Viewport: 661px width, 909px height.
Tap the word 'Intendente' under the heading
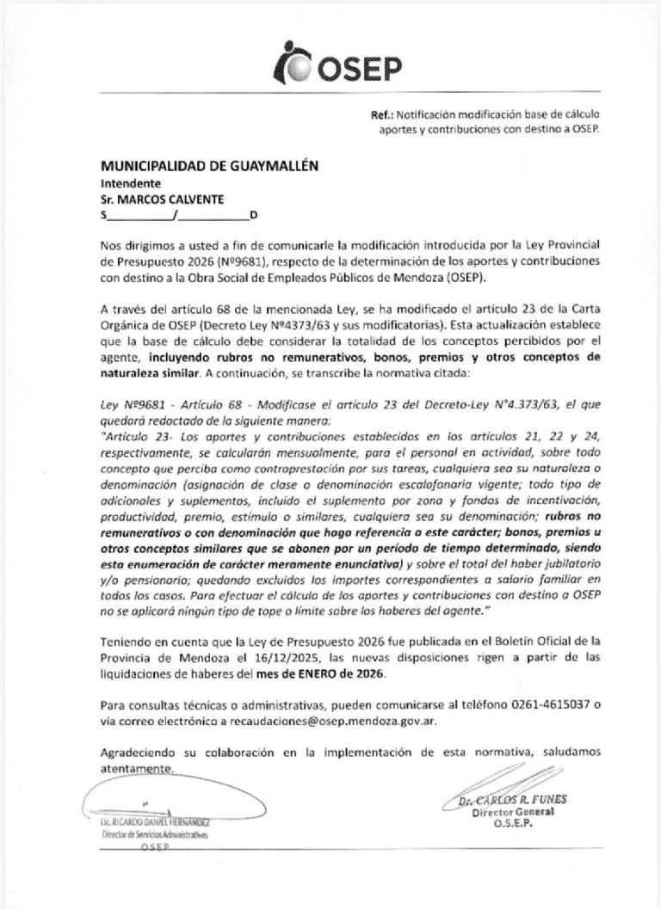point(130,183)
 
